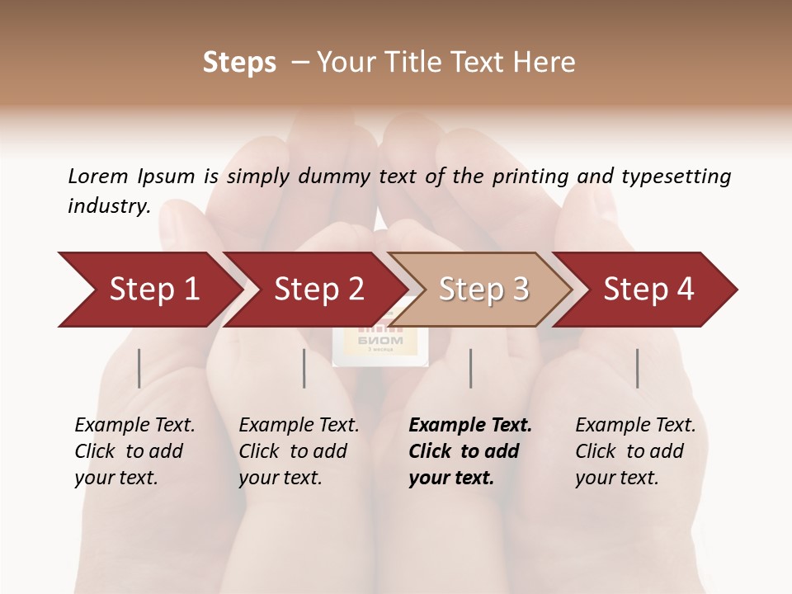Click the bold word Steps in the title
click(239, 63)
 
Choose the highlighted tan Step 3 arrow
click(483, 290)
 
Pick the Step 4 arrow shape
click(648, 290)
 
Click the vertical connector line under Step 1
click(139, 368)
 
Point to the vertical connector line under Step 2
click(304, 368)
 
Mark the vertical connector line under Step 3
click(471, 368)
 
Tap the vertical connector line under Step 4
click(638, 368)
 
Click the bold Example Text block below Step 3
click(470, 451)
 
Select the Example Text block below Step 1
click(134, 451)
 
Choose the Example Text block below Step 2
click(299, 451)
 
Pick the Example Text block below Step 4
click(635, 451)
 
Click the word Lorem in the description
click(98, 177)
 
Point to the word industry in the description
click(109, 206)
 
